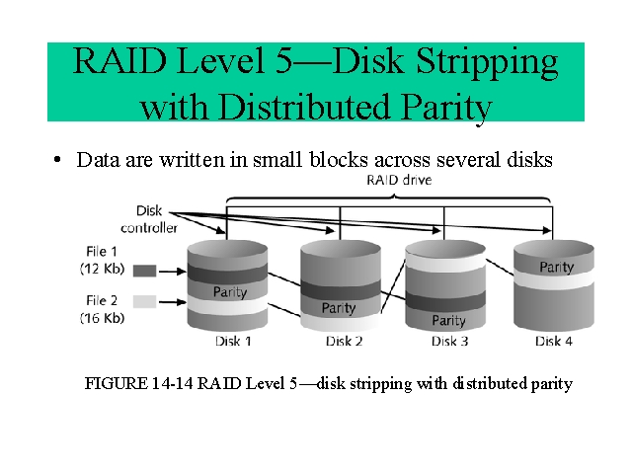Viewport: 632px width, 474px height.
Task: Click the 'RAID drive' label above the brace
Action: click(x=399, y=180)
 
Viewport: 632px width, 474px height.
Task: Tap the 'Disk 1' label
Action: click(x=233, y=342)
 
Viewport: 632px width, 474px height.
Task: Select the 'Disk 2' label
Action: click(x=344, y=342)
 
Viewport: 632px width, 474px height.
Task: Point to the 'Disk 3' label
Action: click(x=449, y=342)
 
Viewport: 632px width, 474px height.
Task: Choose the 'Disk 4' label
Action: click(x=553, y=342)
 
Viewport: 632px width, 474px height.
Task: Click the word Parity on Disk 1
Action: click(x=230, y=292)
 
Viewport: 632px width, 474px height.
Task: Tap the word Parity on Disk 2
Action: click(x=339, y=308)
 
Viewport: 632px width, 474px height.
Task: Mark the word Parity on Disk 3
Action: click(x=448, y=320)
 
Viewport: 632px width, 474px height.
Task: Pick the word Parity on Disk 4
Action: click(x=557, y=267)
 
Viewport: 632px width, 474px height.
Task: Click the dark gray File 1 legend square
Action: click(x=144, y=271)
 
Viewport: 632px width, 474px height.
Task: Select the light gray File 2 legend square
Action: click(x=144, y=302)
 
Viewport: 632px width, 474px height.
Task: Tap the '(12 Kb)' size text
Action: click(x=102, y=269)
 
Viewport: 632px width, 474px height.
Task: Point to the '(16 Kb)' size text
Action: click(x=102, y=318)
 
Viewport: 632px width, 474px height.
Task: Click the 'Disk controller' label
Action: click(x=149, y=219)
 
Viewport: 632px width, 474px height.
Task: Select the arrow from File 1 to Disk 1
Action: click(x=173, y=272)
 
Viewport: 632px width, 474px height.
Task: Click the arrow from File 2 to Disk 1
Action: click(x=173, y=301)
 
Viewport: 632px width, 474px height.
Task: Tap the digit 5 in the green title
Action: click(x=284, y=61)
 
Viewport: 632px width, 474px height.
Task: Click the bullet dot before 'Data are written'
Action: click(x=57, y=160)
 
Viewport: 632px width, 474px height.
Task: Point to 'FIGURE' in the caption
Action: click(x=117, y=383)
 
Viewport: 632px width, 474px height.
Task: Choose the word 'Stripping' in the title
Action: click(x=487, y=63)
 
